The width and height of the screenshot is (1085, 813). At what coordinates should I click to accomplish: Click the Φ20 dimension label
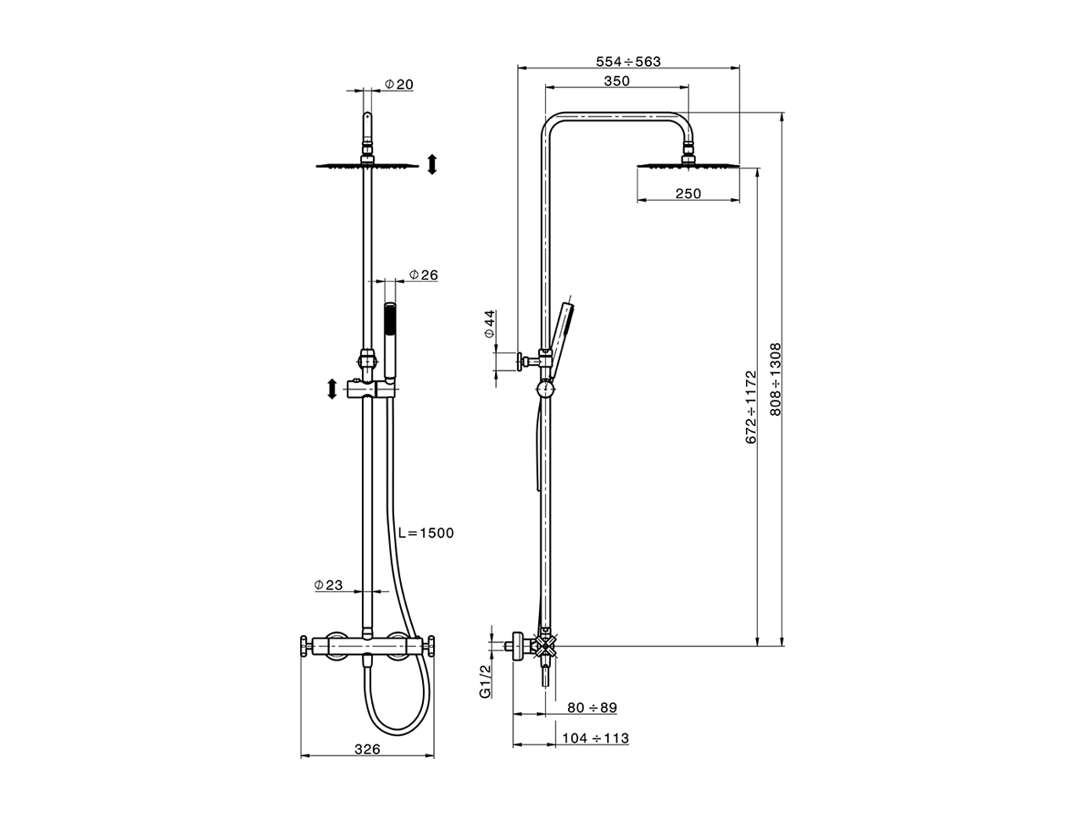[398, 85]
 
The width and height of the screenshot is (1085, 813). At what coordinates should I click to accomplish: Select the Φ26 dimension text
[423, 275]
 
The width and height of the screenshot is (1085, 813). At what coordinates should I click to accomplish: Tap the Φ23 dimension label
[328, 585]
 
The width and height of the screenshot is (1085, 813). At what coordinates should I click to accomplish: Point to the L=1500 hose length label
[426, 533]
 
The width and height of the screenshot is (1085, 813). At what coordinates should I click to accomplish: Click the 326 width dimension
[366, 749]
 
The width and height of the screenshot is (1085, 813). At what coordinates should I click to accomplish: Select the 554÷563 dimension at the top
[628, 61]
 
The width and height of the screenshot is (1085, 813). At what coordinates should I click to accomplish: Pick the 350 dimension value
[617, 81]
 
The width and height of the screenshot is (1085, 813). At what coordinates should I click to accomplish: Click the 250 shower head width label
[688, 194]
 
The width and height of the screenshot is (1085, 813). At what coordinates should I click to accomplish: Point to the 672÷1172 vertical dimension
[749, 406]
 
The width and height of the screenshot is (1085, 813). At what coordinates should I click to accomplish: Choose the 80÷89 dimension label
[592, 707]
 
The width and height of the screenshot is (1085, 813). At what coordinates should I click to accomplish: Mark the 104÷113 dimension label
[595, 738]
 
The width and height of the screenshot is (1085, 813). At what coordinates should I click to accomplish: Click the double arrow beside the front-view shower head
[431, 164]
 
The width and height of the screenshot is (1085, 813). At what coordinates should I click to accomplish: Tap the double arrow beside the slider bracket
[331, 390]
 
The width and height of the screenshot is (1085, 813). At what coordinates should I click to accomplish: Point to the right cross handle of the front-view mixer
[431, 649]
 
